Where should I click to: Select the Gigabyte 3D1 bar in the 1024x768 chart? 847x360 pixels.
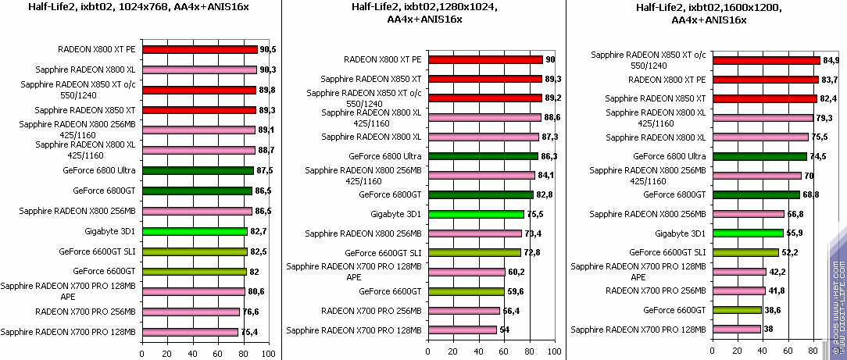click(x=195, y=231)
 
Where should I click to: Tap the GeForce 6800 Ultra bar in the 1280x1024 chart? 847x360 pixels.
click(x=482, y=156)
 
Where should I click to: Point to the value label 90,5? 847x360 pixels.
click(x=269, y=49)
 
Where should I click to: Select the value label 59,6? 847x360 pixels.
click(x=516, y=292)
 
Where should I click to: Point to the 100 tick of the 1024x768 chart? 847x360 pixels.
click(x=269, y=354)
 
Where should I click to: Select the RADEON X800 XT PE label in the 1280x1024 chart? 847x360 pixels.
click(x=383, y=59)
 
